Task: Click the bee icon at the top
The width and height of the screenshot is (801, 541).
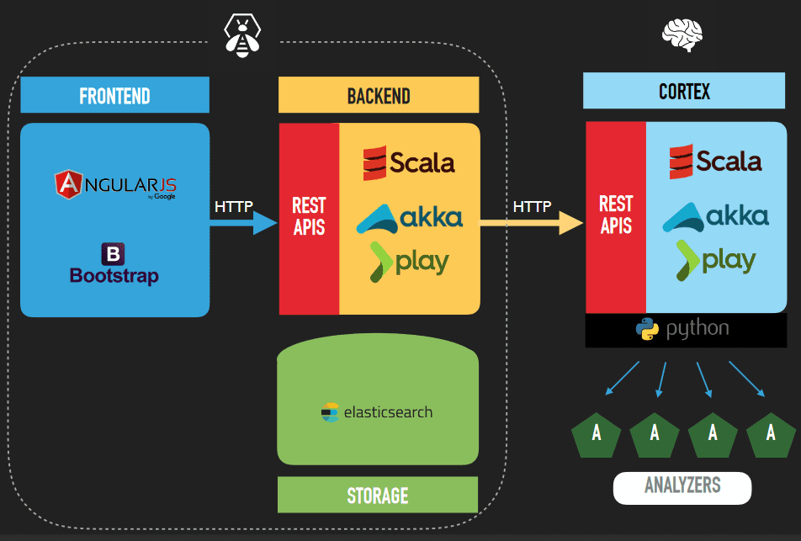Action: [242, 36]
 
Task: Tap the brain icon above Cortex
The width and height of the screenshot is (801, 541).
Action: [682, 35]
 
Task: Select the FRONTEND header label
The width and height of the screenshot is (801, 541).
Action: [114, 95]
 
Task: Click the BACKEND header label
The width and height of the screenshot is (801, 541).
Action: [379, 95]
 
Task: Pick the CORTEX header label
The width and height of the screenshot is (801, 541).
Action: [684, 91]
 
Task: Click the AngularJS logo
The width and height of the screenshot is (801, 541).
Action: [115, 184]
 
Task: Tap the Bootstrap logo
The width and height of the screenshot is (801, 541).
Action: [114, 263]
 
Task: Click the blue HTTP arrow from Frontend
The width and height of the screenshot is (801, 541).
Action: [243, 222]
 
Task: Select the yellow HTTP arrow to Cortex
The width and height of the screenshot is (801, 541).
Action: [532, 222]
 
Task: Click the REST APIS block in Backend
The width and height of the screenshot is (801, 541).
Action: [309, 217]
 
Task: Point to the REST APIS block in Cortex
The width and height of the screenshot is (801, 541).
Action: [616, 215]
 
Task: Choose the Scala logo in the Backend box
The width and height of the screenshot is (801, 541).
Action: [409, 162]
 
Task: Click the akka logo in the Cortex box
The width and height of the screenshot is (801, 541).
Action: [716, 216]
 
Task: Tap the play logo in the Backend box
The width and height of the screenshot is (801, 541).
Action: [409, 261]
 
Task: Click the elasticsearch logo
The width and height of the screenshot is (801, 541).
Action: [377, 412]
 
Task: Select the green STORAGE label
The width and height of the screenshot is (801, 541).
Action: [378, 495]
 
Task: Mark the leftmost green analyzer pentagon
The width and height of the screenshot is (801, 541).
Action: [596, 434]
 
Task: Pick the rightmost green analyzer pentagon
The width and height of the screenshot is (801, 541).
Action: [770, 434]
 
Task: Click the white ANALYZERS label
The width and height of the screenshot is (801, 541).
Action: [682, 486]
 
